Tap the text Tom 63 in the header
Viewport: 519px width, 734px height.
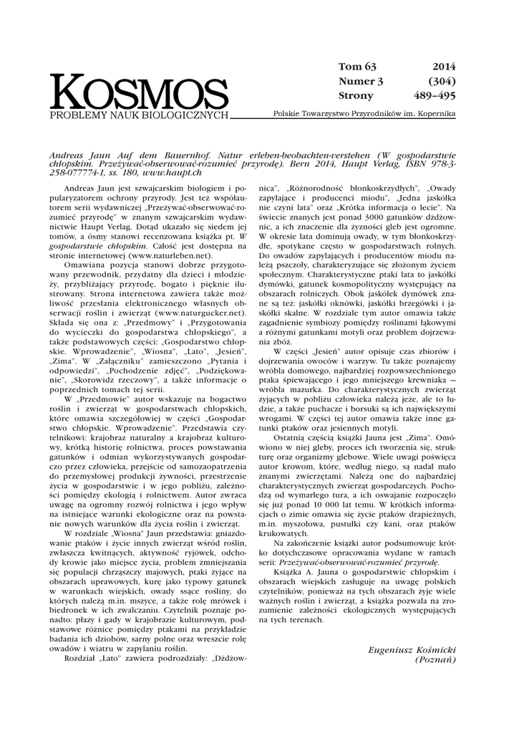[356, 67]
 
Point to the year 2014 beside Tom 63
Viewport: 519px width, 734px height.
[444, 67]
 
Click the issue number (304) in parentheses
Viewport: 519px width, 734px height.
[442, 81]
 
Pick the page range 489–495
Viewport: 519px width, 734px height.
[435, 95]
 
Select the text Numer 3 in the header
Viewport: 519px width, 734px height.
[361, 81]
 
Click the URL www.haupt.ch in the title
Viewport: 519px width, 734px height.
[177, 173]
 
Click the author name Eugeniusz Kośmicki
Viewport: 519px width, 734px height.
[412, 649]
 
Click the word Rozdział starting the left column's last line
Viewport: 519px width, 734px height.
[84, 657]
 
